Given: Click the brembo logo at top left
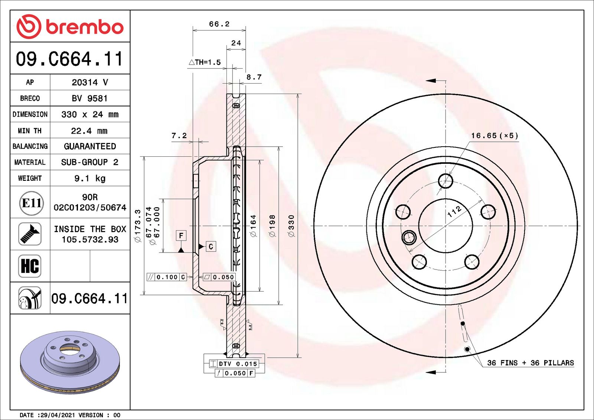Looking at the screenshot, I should tap(70, 27).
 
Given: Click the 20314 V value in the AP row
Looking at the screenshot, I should tap(90, 82).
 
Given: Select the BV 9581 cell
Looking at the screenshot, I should tap(90, 98).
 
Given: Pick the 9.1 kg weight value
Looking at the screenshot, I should tap(90, 178).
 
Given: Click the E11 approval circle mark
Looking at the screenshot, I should tap(31, 203).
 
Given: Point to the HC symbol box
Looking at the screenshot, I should tap(30, 266).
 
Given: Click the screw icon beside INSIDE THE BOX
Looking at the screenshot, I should tap(30, 234).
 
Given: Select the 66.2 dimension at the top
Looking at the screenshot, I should tap(219, 24).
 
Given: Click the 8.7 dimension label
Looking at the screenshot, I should tap(254, 77).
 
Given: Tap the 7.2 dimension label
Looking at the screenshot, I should tap(179, 136).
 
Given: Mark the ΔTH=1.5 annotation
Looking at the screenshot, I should tap(205, 62).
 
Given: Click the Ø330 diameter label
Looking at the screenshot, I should tap(291, 226).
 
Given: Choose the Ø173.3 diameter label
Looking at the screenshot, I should tap(138, 226).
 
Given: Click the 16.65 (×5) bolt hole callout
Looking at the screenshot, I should tap(495, 136).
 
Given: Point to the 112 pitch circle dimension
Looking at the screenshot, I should tap(454, 212).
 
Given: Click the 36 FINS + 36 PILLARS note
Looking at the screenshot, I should tap(530, 363).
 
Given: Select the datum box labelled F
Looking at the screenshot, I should tap(181, 235).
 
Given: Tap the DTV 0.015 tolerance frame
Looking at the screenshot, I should tap(234, 364).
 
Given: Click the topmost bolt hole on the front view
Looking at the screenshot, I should tap(446, 181).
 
